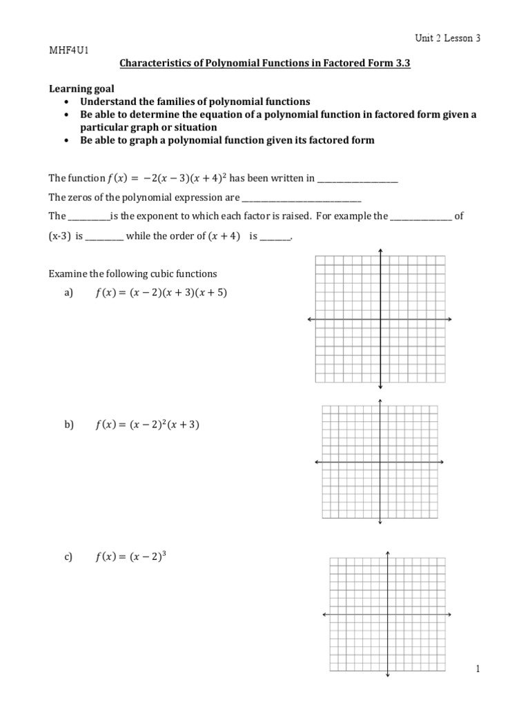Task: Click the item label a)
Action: tap(68, 293)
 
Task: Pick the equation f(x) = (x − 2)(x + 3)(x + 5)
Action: tap(160, 293)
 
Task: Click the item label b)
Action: tap(68, 425)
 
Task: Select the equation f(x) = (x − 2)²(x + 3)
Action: tap(146, 425)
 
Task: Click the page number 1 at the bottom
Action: tap(477, 668)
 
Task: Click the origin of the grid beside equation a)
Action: tap(380, 320)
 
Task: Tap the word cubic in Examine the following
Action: tap(159, 273)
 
